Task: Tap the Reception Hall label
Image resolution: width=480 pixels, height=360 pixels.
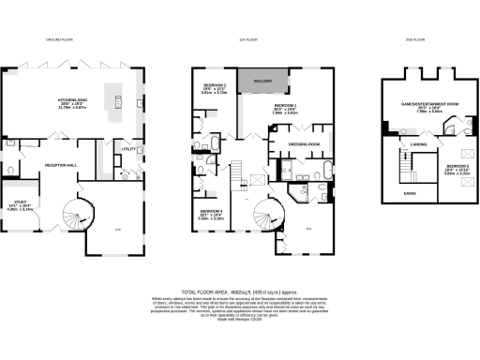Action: click(61, 165)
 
